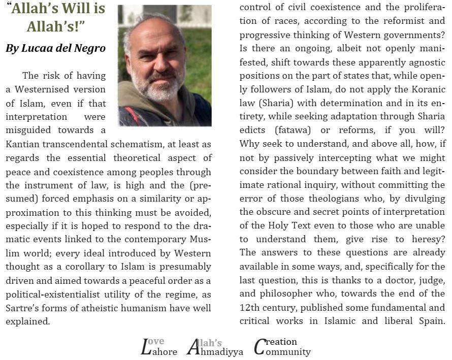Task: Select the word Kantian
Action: point(23,144)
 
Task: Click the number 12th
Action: point(250,307)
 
